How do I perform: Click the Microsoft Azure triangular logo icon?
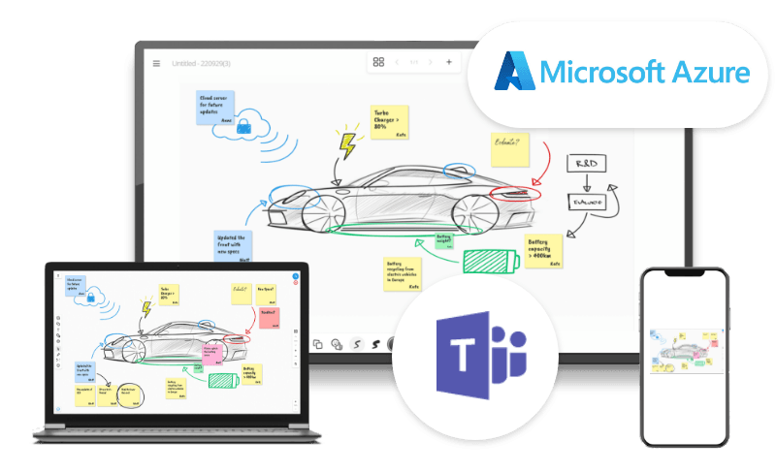(513, 73)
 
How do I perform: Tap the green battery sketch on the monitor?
(490, 263)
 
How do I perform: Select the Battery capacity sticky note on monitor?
(542, 250)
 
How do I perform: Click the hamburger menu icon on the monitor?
(155, 63)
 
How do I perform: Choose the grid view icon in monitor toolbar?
(378, 62)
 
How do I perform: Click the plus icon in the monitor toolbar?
(448, 62)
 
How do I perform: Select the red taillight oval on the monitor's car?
(513, 194)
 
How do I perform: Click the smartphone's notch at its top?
(684, 275)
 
